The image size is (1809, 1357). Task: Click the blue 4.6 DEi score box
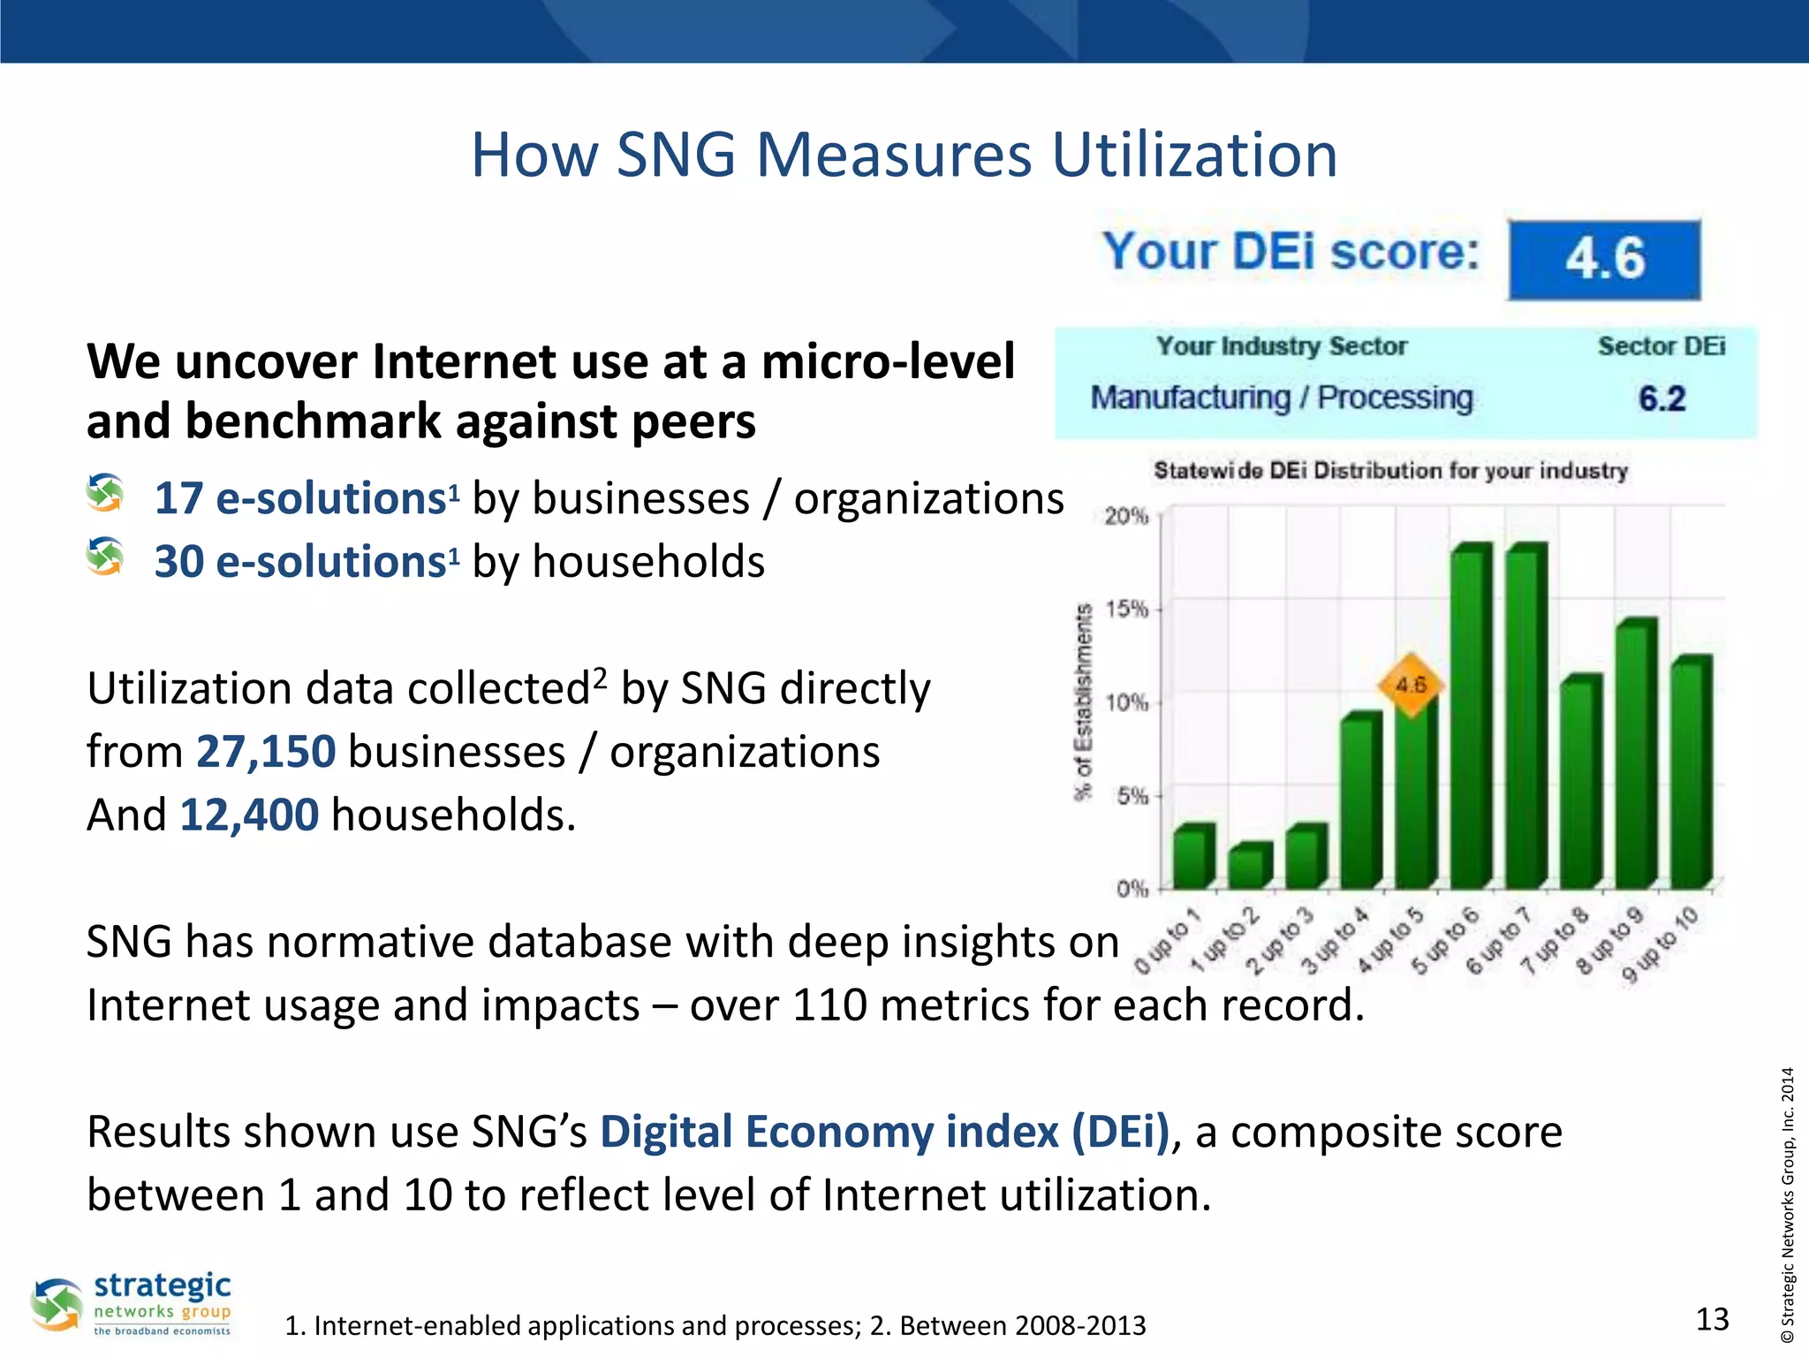(1604, 259)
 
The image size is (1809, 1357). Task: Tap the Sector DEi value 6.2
(1661, 398)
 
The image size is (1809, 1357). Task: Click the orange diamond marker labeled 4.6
(1411, 685)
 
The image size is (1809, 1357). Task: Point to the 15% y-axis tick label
(1126, 609)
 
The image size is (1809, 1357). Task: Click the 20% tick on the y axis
(1126, 516)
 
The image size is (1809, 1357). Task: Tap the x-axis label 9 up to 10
(1661, 945)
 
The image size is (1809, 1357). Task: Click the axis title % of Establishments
(1084, 702)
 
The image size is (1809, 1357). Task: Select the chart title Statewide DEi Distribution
(1390, 471)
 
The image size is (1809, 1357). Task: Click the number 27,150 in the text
(266, 752)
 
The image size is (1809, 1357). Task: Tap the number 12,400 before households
(249, 815)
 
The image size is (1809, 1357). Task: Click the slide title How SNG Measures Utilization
(904, 155)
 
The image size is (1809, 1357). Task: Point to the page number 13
(1712, 1319)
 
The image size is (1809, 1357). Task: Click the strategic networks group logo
(132, 1304)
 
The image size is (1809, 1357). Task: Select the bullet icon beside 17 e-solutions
(105, 493)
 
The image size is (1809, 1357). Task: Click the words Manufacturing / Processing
(1282, 398)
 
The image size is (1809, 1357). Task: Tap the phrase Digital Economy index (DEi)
(885, 1132)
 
